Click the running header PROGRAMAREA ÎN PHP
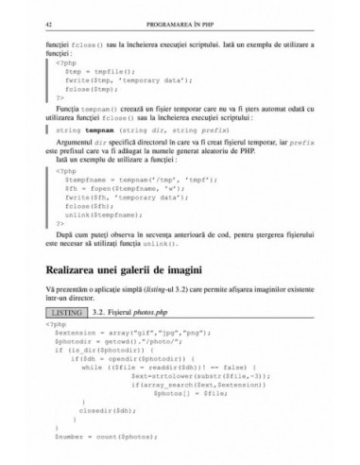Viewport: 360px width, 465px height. coord(179,19)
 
